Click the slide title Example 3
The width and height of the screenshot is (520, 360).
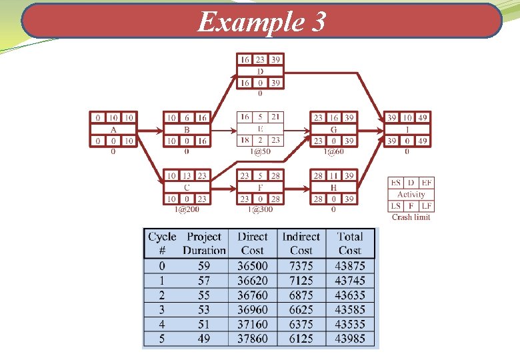coord(261,23)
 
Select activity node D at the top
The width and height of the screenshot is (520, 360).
coord(260,71)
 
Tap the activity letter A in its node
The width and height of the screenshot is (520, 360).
coord(113,129)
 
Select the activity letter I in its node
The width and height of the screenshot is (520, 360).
coord(407,129)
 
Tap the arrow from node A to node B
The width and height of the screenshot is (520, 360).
coord(150,129)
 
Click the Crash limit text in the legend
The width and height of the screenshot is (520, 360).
coord(411,217)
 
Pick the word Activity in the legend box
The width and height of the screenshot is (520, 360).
coord(411,194)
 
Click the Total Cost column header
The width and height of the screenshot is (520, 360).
coord(350,243)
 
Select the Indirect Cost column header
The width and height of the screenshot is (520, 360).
coord(301,243)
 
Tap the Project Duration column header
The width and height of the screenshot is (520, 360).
coord(204,243)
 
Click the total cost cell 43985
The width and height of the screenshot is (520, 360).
coord(350,339)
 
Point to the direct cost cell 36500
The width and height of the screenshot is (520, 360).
coord(253,266)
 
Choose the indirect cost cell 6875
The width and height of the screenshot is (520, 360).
coord(301,295)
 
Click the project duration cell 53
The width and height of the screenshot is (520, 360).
coord(204,310)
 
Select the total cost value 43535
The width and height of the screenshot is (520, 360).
coord(350,325)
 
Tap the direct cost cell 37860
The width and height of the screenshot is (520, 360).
coord(253,339)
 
